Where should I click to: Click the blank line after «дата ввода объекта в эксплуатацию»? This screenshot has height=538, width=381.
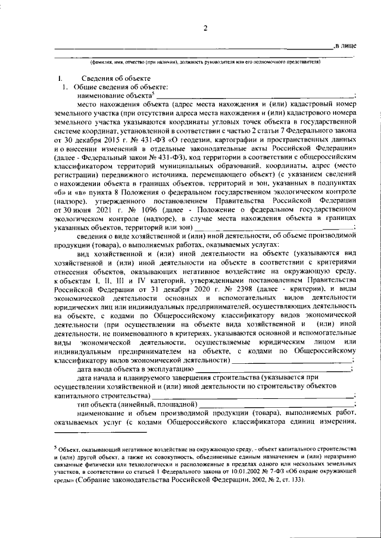[x=274, y=370]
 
